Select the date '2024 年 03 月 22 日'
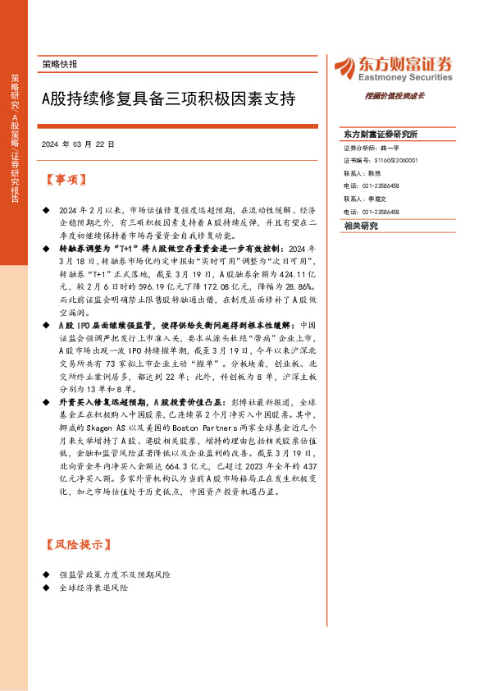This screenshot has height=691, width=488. point(77,144)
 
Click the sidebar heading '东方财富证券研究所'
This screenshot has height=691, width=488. point(381,134)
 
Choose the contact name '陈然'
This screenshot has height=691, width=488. point(375,173)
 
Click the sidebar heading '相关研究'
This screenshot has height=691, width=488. point(361,225)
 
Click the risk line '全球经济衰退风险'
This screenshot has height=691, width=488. point(94,588)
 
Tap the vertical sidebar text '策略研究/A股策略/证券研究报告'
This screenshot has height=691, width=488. point(15,140)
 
